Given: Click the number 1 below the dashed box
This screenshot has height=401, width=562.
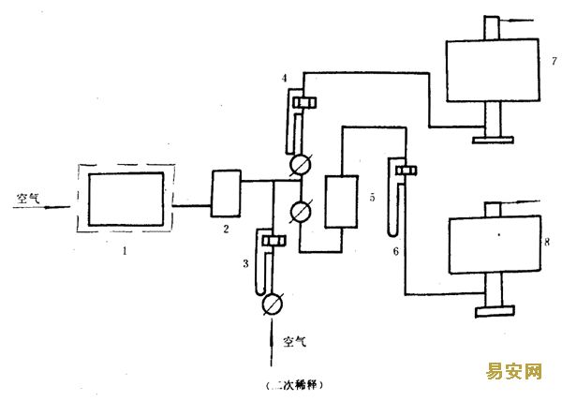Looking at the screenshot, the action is pyautogui.click(x=125, y=251).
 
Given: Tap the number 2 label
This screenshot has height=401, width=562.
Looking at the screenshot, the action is pyautogui.click(x=226, y=229).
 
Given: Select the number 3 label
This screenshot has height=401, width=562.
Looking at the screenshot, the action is pyautogui.click(x=245, y=264).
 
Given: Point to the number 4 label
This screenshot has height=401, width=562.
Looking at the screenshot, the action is pyautogui.click(x=284, y=78).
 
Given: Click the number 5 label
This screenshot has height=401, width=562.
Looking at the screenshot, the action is pyautogui.click(x=373, y=197).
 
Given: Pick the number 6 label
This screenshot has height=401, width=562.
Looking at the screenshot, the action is pyautogui.click(x=395, y=251).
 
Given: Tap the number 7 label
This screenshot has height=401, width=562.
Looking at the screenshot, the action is pyautogui.click(x=555, y=61).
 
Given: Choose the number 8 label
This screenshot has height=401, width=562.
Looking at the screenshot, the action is pyautogui.click(x=547, y=242).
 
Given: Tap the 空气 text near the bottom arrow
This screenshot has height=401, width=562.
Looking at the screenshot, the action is pyautogui.click(x=295, y=342).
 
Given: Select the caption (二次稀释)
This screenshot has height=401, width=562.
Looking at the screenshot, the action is pyautogui.click(x=295, y=385).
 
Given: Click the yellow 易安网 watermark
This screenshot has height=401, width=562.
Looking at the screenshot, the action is pyautogui.click(x=514, y=371).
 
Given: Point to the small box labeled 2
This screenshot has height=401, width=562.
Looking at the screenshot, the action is pyautogui.click(x=226, y=194).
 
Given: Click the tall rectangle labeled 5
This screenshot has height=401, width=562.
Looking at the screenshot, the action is pyautogui.click(x=341, y=201).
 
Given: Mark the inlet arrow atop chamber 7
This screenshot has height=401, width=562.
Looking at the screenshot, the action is pyautogui.click(x=516, y=21).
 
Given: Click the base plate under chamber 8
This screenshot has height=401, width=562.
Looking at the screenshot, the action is pyautogui.click(x=495, y=311).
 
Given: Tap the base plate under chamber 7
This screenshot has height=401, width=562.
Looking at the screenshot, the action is pyautogui.click(x=493, y=141).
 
